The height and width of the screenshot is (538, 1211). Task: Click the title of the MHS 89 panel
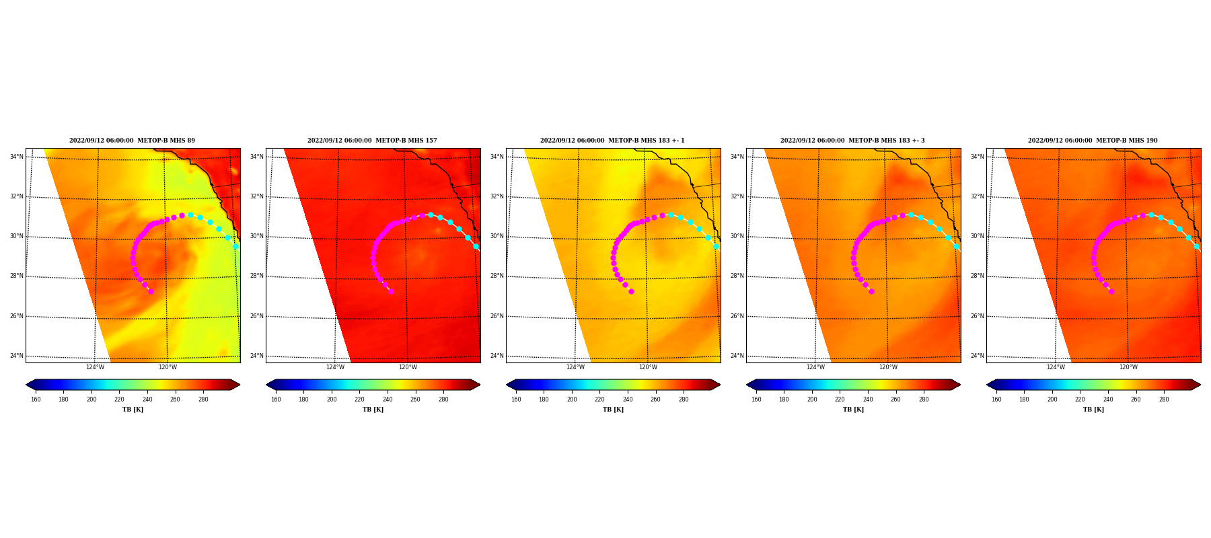pos(132,141)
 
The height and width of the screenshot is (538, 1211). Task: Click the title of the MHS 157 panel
pos(372,141)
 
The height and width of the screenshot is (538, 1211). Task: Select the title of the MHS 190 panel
pos(1093,141)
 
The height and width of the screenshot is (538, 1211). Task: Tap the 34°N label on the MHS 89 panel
pos(17,157)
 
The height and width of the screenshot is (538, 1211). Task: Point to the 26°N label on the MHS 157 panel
pos(257,316)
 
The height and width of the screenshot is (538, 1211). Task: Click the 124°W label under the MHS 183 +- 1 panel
pos(575,367)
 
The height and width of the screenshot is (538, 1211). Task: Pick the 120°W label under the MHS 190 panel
pos(1128,367)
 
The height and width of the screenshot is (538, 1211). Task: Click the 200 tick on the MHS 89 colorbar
pos(91,399)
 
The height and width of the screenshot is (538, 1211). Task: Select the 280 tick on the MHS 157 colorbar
pos(443,399)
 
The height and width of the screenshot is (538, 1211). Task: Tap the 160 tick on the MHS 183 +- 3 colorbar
pos(756,399)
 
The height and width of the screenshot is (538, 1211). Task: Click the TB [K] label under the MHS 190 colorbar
pos(1093,410)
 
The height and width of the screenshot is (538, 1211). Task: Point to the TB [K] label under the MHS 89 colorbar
pos(133,410)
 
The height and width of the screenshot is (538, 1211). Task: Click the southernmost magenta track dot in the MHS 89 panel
pos(151,291)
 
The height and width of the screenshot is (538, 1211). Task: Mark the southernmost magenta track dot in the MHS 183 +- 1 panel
pos(631,291)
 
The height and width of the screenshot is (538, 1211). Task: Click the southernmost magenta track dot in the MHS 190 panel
pos(1111,291)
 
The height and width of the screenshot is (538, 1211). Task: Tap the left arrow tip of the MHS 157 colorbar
pos(266,385)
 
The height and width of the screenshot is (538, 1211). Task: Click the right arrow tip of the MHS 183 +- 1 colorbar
pos(720,385)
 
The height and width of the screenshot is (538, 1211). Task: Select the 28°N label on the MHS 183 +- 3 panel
pos(737,276)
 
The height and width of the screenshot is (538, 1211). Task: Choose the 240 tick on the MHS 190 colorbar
pos(1108,399)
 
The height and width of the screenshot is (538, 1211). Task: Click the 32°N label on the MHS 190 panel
pos(978,196)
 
